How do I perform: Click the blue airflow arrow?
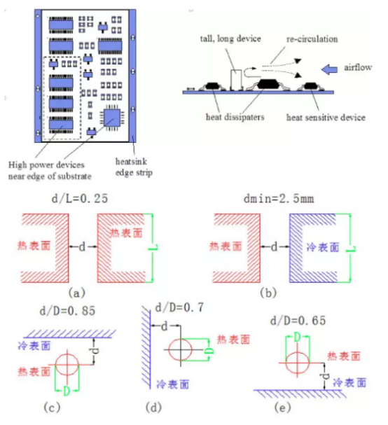pos(329,69)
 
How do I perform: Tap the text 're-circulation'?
pos(312,39)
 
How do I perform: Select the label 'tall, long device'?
pos(230,39)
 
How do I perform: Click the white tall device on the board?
pos(236,80)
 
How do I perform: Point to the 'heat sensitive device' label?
pos(326,118)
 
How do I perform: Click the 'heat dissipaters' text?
pos(235,117)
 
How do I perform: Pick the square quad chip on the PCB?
pos(112,118)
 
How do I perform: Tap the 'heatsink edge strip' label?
pos(134,167)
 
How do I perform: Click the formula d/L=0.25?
pos(80,198)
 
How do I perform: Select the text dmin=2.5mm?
pos(279,199)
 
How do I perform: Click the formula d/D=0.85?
pos(67,311)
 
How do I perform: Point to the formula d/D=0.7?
pos(179,307)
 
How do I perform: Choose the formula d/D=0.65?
pos(298,321)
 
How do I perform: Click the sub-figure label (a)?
pos(77,293)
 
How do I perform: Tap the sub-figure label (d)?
pos(153,407)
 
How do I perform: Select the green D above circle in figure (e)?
pos(297,337)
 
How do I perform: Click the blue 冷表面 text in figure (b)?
pos(323,247)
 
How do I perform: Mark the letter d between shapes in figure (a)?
pos(82,246)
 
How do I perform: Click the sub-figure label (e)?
pos(282,407)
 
